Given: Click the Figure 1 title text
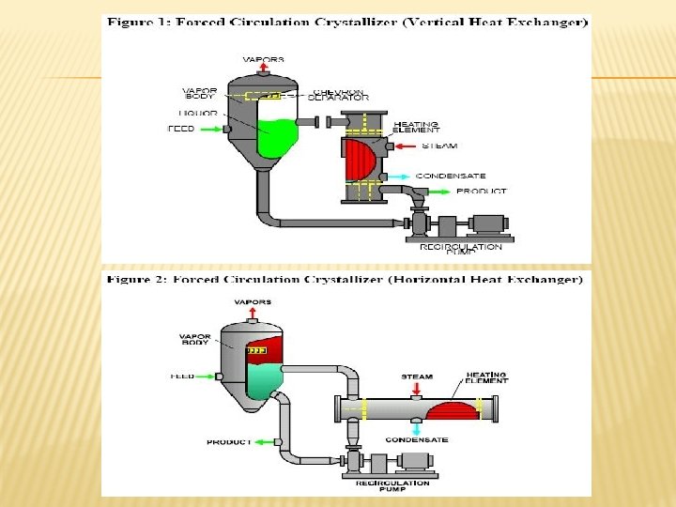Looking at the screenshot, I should point(346,22).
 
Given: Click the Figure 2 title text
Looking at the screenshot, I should point(345,280).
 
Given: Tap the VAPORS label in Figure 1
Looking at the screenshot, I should point(264,59).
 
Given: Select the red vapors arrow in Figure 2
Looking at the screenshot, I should point(253,313).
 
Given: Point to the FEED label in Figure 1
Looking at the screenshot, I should point(180,129).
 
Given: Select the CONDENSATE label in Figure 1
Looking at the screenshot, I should point(450,176).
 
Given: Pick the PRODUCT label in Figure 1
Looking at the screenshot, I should point(481,192).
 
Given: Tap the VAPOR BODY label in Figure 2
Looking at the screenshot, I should point(193,339).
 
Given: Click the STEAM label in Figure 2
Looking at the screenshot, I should point(417,376).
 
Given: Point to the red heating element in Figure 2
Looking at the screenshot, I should point(453,410).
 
